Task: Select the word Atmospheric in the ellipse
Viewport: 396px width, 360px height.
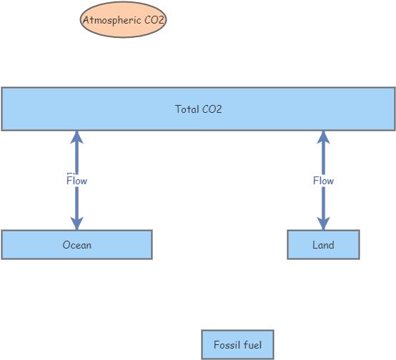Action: point(110,20)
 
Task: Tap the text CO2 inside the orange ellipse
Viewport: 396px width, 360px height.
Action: point(154,20)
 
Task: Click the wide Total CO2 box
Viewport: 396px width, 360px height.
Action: point(198,109)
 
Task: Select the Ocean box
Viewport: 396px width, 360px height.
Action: point(76,245)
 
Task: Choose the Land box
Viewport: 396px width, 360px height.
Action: point(323,245)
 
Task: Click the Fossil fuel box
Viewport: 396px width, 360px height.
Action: point(237,345)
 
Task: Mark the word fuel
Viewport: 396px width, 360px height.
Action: point(252,345)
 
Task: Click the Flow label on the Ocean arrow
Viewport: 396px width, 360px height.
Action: point(76,181)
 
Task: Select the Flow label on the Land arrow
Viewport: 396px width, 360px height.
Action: point(323,181)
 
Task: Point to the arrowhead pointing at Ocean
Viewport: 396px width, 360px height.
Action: point(76,223)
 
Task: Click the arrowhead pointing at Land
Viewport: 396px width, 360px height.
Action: point(323,223)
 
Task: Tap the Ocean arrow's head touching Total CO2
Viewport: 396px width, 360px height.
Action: point(76,138)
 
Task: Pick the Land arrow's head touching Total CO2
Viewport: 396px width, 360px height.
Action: point(323,138)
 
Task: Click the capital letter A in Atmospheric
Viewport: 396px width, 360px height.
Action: point(86,20)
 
